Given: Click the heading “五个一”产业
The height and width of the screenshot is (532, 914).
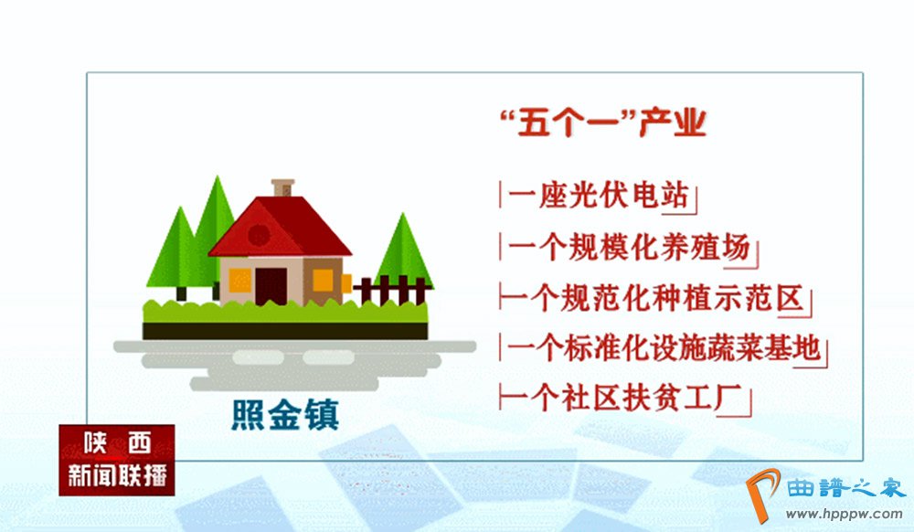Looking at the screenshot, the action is coord(602,123).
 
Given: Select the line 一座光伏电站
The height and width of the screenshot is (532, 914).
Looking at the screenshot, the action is coord(598,196).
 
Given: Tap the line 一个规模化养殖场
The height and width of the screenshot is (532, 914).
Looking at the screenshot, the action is coord(629,248).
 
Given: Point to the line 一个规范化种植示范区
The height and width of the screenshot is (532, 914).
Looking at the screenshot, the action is coord(653,298).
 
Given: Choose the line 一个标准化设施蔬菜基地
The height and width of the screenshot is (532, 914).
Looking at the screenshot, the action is coord(664,348).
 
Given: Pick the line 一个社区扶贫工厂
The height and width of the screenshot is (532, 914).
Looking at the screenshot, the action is coord(622,399).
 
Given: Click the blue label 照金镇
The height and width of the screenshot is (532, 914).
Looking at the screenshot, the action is coord(285,415).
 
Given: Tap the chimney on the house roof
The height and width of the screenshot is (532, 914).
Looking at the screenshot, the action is coord(282,187).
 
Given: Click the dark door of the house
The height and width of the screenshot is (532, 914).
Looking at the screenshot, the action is coord(271,286).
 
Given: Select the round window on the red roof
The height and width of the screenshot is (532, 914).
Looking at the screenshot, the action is coord(259,235).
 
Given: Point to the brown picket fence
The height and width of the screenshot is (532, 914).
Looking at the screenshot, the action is coord(392,290).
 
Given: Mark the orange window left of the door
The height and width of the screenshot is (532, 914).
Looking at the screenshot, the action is coord(239,281).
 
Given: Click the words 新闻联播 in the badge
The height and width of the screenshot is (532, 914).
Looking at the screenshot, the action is coord(117,475).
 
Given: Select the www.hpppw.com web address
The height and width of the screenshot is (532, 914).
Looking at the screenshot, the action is coord(844,514).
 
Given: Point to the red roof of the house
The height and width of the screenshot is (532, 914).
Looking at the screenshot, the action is coord(280,227).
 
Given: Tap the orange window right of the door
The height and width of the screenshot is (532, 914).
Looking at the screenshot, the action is coord(323,281).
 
